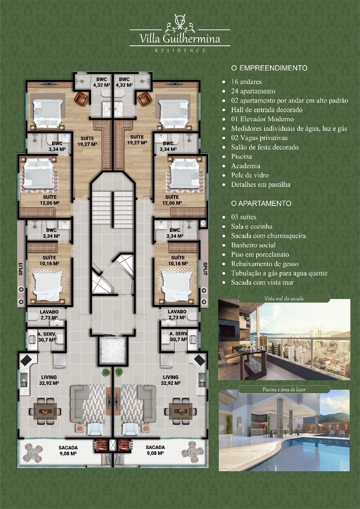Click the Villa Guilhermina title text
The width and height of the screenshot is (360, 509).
pyautogui.click(x=180, y=38)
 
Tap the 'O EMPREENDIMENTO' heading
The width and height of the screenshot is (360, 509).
pyautogui.click(x=269, y=68)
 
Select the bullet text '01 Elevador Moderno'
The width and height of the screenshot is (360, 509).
pyautogui.click(x=262, y=119)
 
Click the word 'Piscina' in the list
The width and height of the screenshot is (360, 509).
pyautogui.click(x=241, y=157)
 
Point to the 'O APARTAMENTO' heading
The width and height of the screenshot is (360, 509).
pyautogui.click(x=261, y=203)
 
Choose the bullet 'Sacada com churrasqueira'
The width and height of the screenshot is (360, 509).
pyautogui.click(x=269, y=236)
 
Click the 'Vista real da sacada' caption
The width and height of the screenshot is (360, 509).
pyautogui.click(x=284, y=299)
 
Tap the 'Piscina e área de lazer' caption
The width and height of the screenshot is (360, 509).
pyautogui.click(x=284, y=389)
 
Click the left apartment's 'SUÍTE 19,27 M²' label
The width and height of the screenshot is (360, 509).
pyautogui.click(x=87, y=141)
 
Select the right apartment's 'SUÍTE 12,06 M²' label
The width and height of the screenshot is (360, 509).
pyautogui.click(x=172, y=200)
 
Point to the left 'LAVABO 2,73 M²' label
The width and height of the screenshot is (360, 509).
pyautogui.click(x=49, y=315)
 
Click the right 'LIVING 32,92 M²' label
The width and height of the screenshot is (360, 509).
pyautogui.click(x=171, y=380)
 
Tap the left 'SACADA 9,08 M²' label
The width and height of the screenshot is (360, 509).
pyautogui.click(x=68, y=451)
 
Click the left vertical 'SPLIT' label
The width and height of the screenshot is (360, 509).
pyautogui.click(x=21, y=269)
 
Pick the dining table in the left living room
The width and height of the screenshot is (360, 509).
pyautogui.click(x=45, y=411)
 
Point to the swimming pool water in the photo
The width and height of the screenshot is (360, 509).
pyautogui.click(x=302, y=457)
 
